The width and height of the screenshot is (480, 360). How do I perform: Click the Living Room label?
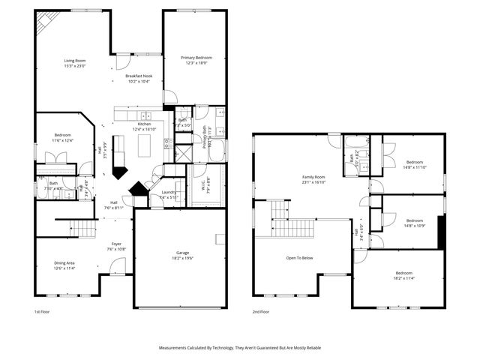(74, 61)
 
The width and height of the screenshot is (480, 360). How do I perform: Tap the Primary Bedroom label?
(196, 58)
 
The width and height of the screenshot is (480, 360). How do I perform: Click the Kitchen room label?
(144, 124)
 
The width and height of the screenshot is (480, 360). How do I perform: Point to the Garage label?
(182, 253)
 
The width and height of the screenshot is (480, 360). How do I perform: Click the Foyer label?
(116, 244)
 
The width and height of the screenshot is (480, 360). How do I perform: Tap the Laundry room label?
(169, 193)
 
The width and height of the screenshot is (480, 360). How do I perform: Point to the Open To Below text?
(302, 257)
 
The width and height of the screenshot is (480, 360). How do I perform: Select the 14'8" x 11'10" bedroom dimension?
(415, 167)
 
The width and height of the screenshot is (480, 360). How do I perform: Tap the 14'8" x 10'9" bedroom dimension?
(415, 226)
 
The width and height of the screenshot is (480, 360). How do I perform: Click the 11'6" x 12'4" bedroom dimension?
(62, 140)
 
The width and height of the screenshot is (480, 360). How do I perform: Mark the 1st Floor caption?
(42, 311)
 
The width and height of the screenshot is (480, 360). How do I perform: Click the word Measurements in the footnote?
(175, 348)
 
